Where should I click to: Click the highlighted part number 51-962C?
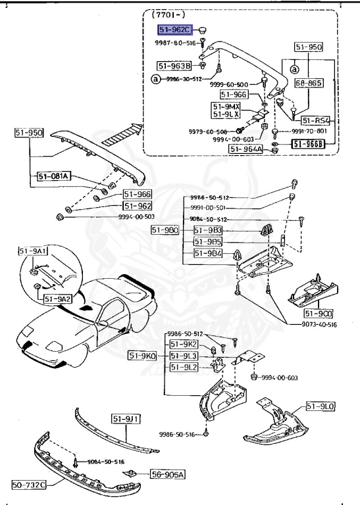point(174,30)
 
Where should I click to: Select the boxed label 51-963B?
point(174,66)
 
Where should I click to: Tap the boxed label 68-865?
point(308,84)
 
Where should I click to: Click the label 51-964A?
point(246,149)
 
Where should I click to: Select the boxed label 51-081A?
point(54,176)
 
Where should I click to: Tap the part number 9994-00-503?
point(100,216)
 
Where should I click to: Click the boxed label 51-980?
point(165,229)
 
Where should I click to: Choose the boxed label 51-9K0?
point(142,356)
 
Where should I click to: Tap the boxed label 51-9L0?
point(321,408)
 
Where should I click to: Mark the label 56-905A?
point(168,473)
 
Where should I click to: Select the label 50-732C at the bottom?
point(29,485)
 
